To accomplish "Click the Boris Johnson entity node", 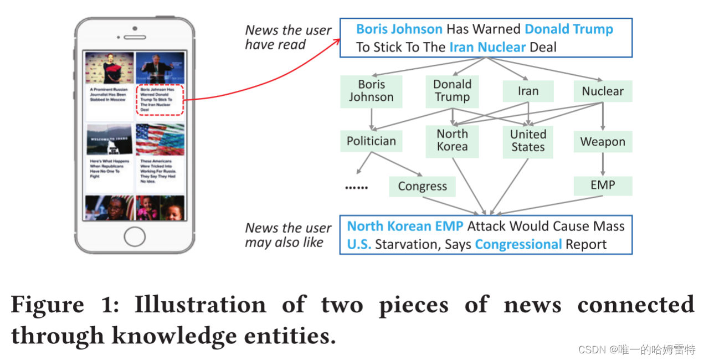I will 371,91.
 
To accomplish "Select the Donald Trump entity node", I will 452,91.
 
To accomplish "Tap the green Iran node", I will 528,91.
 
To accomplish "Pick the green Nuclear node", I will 603,91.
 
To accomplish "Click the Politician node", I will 371,141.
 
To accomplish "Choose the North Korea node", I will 452,140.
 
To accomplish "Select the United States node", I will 528,141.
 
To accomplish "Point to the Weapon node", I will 603,142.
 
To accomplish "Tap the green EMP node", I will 603,185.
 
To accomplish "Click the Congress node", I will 422,187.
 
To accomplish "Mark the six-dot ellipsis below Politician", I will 356,187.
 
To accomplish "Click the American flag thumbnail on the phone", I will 160,140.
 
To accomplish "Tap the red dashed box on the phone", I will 160,100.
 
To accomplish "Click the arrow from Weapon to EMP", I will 603,164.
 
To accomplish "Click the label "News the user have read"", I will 288,37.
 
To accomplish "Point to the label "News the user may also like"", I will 288,235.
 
